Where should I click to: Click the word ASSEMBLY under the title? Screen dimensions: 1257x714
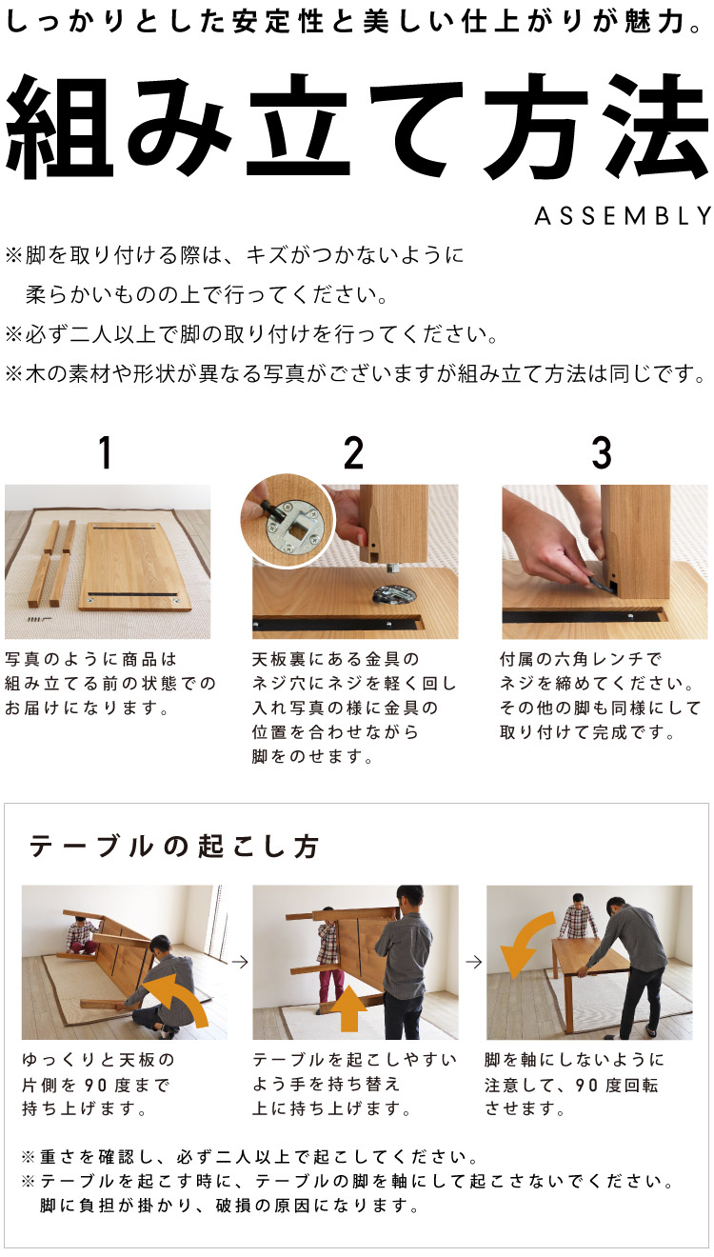(623, 216)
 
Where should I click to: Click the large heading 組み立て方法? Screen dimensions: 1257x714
(357, 124)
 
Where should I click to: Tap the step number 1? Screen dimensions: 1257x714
(106, 454)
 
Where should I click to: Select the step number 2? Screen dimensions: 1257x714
(353, 454)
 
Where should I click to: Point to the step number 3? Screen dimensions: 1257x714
(602, 454)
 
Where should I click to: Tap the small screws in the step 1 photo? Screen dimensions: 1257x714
(39, 619)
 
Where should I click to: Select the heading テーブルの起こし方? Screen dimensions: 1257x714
(174, 847)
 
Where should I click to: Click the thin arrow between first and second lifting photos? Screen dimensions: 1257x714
(240, 962)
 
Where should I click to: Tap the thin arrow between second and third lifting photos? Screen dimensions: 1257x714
(472, 962)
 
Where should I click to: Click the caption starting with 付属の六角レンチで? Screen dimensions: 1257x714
(582, 659)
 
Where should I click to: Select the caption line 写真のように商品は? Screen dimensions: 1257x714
(91, 659)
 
